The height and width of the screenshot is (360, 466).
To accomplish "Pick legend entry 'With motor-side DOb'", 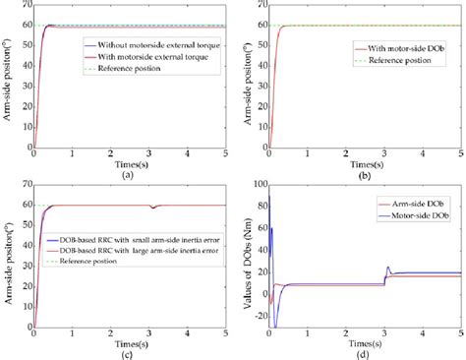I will [387, 45].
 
